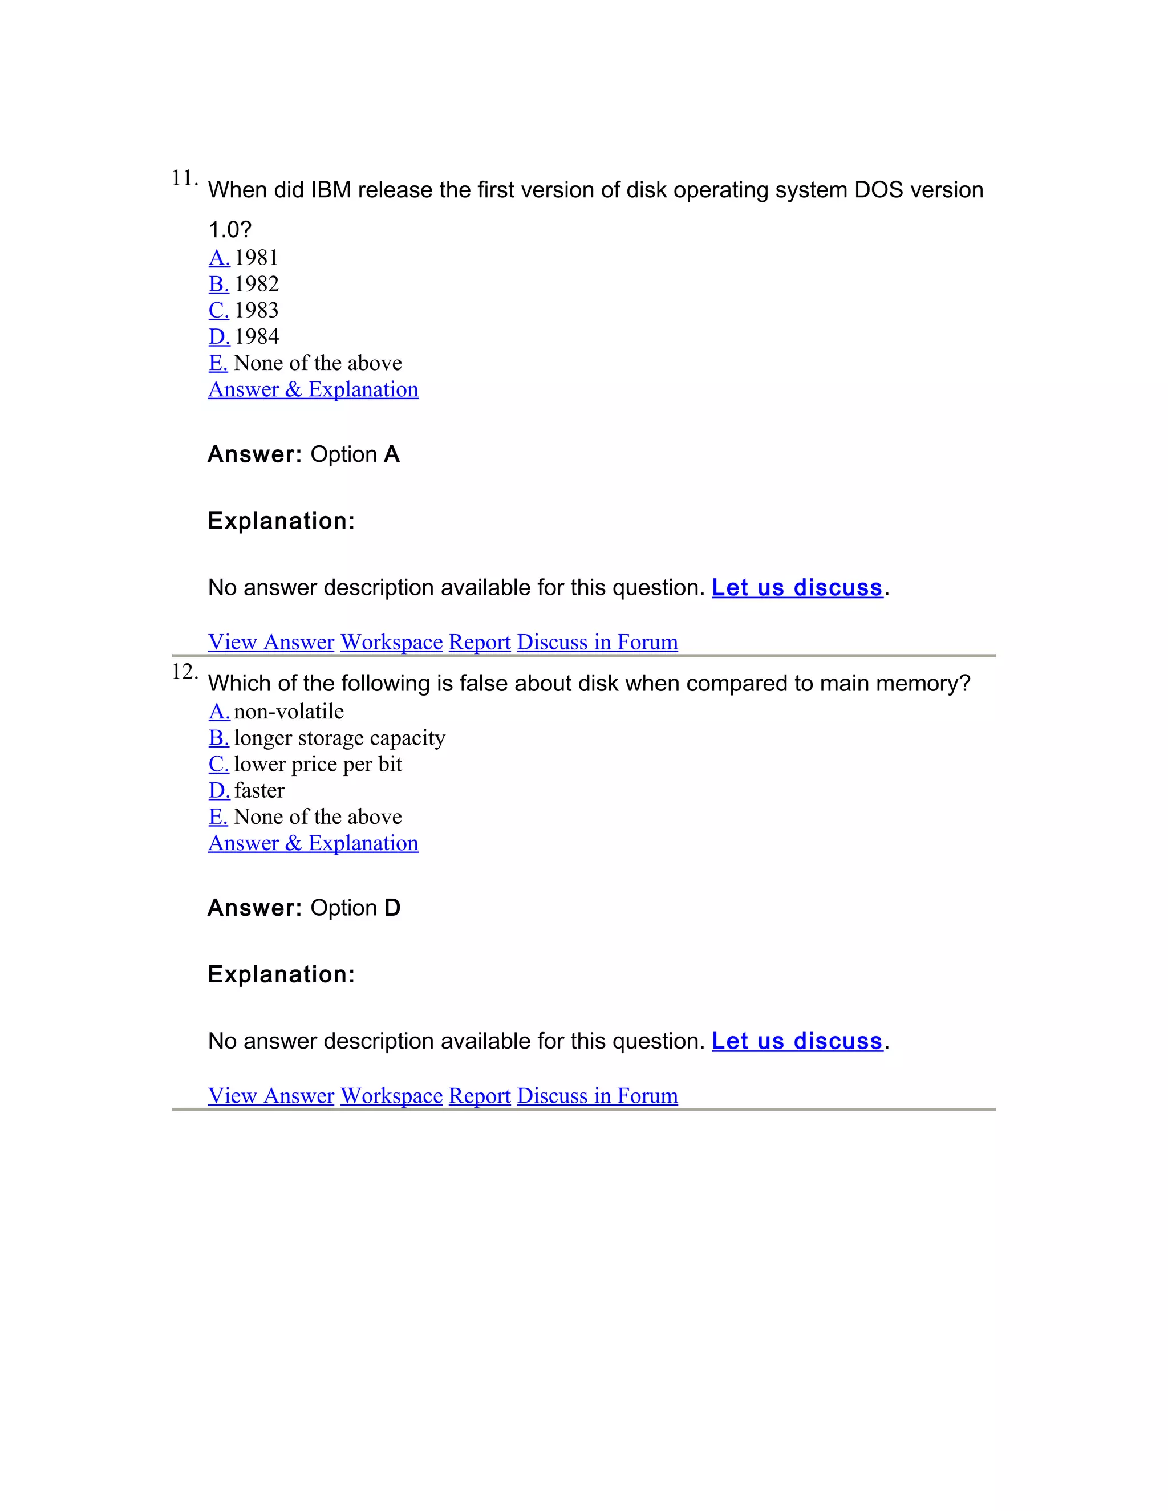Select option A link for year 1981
(x=218, y=258)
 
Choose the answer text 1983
(x=256, y=311)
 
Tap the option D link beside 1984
(x=218, y=337)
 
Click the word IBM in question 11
(x=331, y=190)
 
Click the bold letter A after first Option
(x=392, y=454)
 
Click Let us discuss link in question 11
(x=797, y=588)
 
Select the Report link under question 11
(x=480, y=642)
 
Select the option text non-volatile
(x=289, y=712)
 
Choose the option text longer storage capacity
(x=339, y=738)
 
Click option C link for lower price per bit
(x=218, y=765)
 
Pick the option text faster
(x=259, y=791)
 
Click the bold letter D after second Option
(x=392, y=908)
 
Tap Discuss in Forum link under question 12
(x=597, y=1096)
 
